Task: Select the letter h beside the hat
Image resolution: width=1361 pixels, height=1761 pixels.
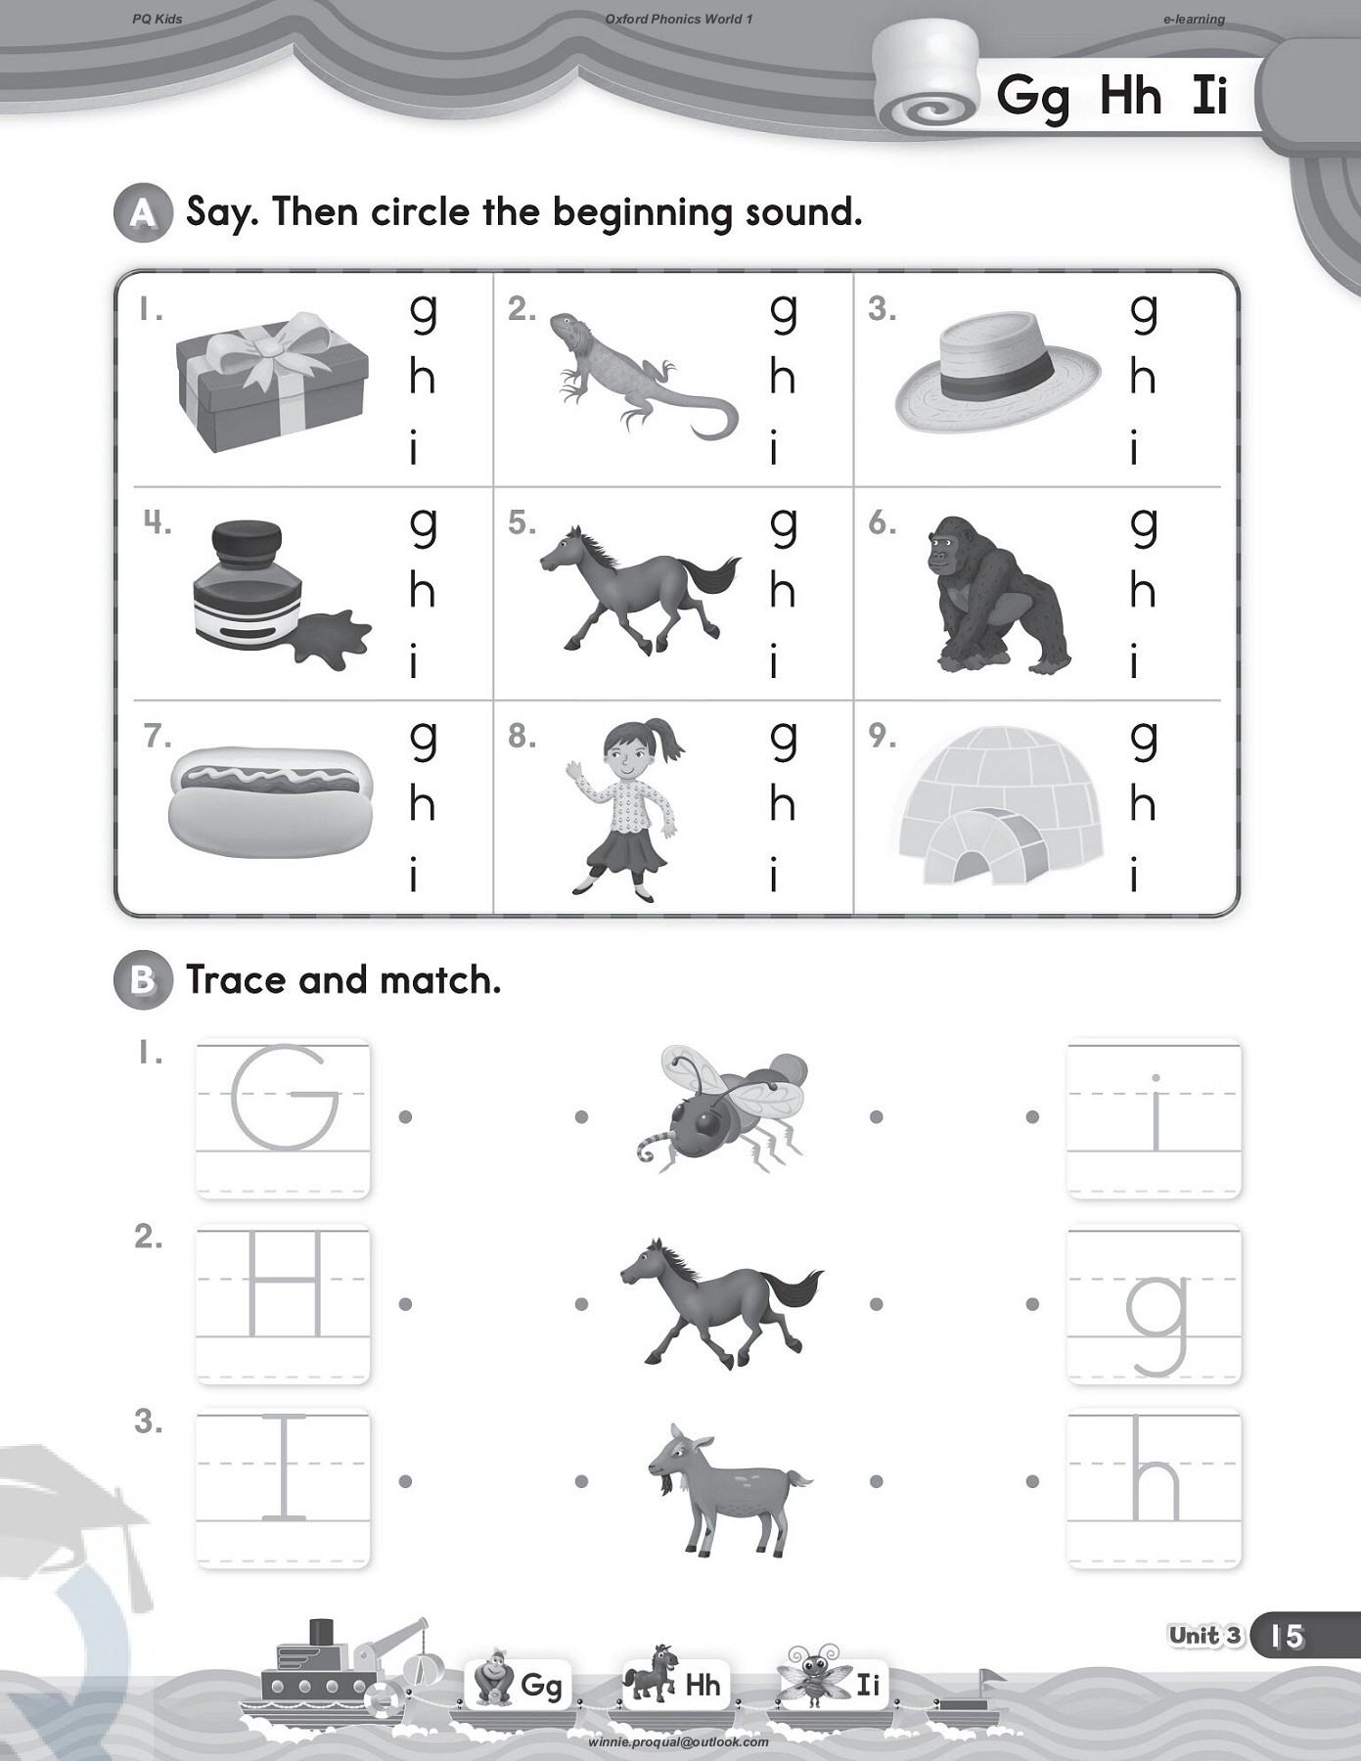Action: (1142, 379)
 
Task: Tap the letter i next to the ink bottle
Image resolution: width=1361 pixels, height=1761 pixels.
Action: (415, 662)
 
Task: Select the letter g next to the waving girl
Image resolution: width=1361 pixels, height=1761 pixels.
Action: (783, 740)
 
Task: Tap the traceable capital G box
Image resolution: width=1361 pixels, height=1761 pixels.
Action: (284, 1118)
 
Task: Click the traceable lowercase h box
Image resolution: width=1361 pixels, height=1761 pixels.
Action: (1155, 1488)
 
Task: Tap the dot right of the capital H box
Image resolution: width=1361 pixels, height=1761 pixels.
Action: (405, 1303)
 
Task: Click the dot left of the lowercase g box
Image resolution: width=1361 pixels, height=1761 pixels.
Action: (1032, 1303)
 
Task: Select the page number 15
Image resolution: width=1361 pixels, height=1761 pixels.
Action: (1288, 1636)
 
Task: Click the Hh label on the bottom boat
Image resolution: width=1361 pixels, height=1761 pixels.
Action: (703, 1684)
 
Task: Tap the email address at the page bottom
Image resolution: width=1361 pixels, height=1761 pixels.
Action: (678, 1741)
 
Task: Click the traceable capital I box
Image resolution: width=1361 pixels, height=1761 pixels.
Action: (284, 1488)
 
